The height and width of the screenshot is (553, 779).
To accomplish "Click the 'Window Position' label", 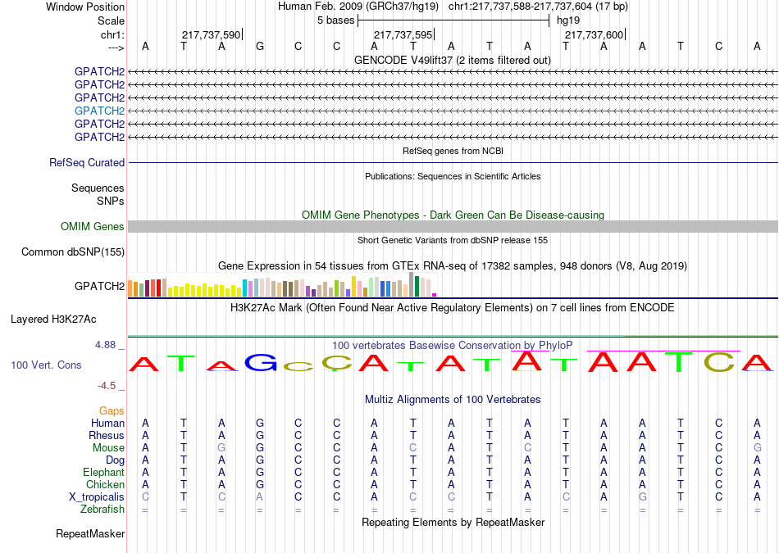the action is coord(85,7).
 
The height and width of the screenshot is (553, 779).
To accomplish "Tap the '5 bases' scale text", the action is coord(336,20).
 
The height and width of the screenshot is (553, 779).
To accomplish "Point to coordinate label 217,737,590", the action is coord(211,34).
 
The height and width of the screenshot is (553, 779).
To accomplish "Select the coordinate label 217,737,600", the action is coord(594,34).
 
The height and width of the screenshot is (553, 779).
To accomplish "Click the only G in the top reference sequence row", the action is coord(260,46).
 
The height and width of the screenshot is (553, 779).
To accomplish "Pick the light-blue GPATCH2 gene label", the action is coord(99,111).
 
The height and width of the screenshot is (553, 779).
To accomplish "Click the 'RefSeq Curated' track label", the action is coord(87,162).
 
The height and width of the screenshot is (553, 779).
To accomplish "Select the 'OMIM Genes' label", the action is coord(93,226).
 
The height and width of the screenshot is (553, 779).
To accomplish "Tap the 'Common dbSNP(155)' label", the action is coord(73,252).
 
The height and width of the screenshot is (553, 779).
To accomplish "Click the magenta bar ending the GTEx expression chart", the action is coord(435,295).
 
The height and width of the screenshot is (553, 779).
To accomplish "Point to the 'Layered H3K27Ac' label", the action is coord(53,320).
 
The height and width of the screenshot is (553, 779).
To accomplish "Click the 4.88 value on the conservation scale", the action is coord(105,345).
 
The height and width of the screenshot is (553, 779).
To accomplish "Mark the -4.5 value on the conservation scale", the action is coord(107,386).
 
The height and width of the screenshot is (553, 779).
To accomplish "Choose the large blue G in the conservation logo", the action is coord(261,363).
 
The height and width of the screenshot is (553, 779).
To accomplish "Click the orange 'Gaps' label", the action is coord(112,410).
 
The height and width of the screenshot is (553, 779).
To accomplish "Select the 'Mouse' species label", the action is coord(108,448).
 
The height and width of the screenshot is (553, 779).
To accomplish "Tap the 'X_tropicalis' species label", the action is coord(97,497).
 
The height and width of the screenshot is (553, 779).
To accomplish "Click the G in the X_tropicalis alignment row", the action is coord(642,497).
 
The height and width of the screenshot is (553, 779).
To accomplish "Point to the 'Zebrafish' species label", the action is coord(102,510).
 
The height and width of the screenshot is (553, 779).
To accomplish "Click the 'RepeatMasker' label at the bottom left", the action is coord(90,533).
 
